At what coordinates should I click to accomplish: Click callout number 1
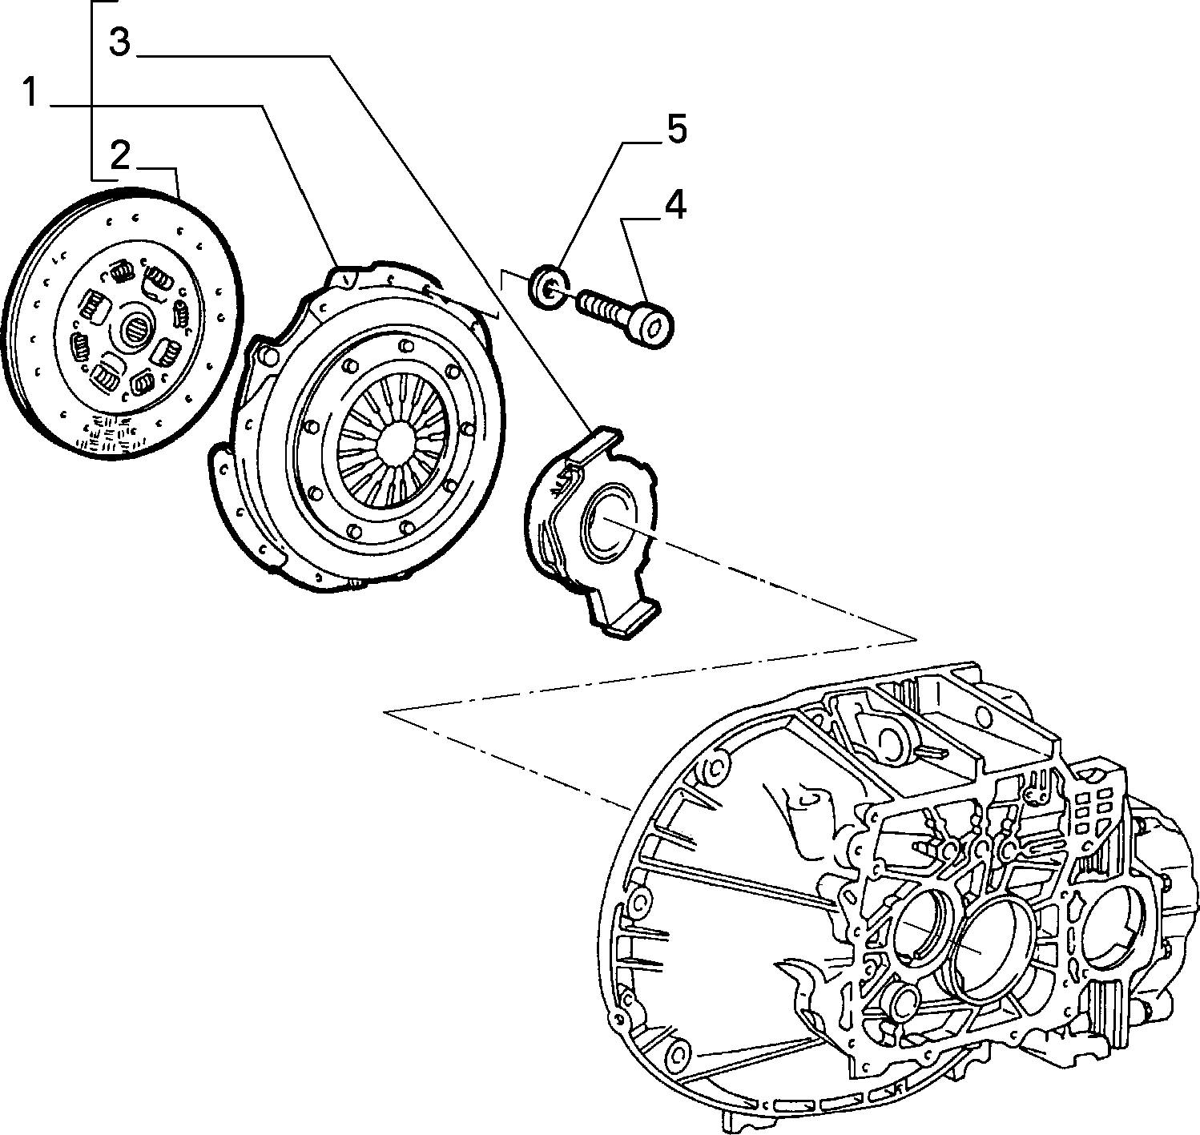pyautogui.click(x=31, y=94)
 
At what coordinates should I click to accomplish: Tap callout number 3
pyautogui.click(x=120, y=42)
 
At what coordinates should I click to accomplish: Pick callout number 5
pyautogui.click(x=676, y=130)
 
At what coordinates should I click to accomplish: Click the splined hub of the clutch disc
pyautogui.click(x=135, y=330)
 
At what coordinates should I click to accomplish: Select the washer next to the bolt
pyautogui.click(x=548, y=286)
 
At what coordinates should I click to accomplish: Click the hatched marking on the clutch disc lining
pyautogui.click(x=109, y=433)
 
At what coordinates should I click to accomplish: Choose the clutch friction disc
pyautogui.click(x=122, y=322)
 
